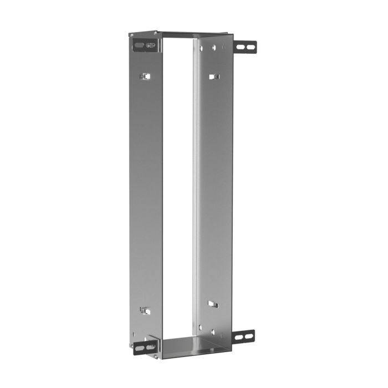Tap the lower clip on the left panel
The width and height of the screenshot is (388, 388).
point(145,311)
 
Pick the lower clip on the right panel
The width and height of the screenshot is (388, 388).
point(213,304)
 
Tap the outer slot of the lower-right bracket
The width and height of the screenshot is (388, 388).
point(249,336)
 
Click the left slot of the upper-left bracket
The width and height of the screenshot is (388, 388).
point(139,44)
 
